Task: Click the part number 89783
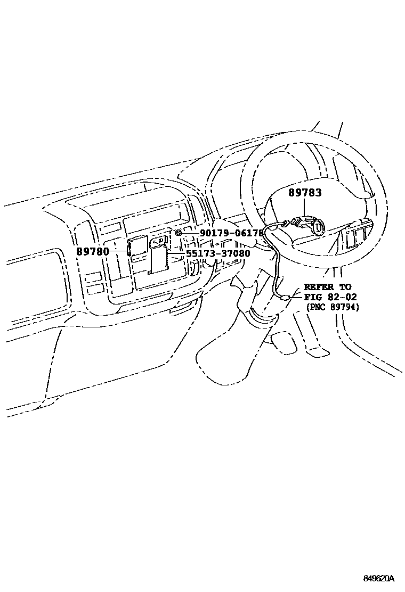[305, 192]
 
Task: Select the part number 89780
[93, 251]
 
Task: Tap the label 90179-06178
[232, 233]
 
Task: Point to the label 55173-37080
[218, 253]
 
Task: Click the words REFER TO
[328, 287]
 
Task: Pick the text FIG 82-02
[330, 297]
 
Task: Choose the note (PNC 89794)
[333, 307]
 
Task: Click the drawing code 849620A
[379, 578]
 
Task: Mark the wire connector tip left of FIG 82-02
[287, 298]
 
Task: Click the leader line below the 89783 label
[304, 209]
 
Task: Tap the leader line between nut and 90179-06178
[191, 233]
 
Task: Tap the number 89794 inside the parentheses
[343, 307]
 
